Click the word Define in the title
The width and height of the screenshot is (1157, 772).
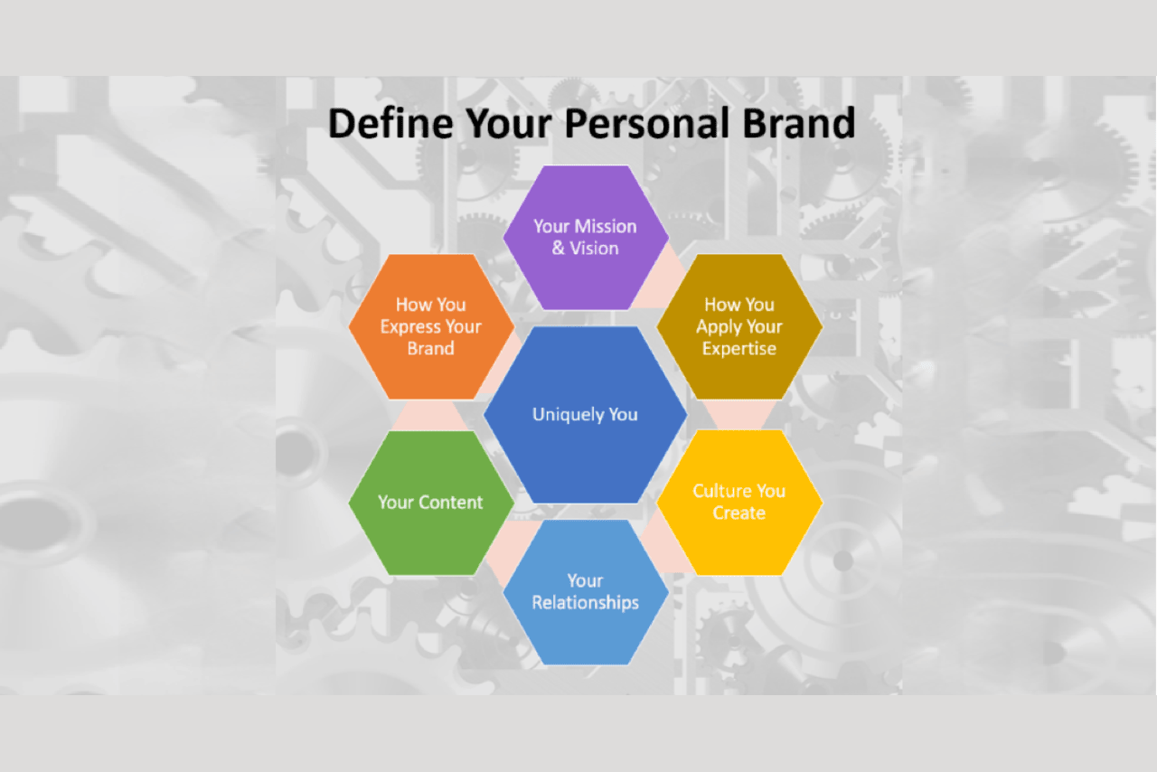coord(390,123)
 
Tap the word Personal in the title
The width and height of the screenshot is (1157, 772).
coord(647,124)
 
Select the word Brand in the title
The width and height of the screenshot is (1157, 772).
coord(798,123)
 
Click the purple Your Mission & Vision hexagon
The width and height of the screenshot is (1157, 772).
coord(586,238)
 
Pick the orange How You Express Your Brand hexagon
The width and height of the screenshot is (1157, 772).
coord(431,326)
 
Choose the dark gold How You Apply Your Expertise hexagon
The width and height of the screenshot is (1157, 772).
coord(739,326)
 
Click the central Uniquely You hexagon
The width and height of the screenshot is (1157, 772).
coord(585,414)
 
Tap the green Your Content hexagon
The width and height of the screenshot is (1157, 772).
coord(431,503)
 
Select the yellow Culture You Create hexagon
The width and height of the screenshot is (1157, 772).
coord(739,503)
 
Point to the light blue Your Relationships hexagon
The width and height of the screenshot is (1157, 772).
coord(586,592)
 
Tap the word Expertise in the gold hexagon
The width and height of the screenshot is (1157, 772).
coord(739,349)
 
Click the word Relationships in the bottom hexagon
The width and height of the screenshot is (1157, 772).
coord(586,603)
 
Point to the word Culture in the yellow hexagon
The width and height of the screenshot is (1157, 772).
coord(720,491)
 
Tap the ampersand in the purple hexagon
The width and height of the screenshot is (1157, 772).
coord(559,249)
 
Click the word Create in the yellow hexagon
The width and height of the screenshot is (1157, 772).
coord(739,513)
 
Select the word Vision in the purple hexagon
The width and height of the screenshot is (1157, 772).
coord(594,249)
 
